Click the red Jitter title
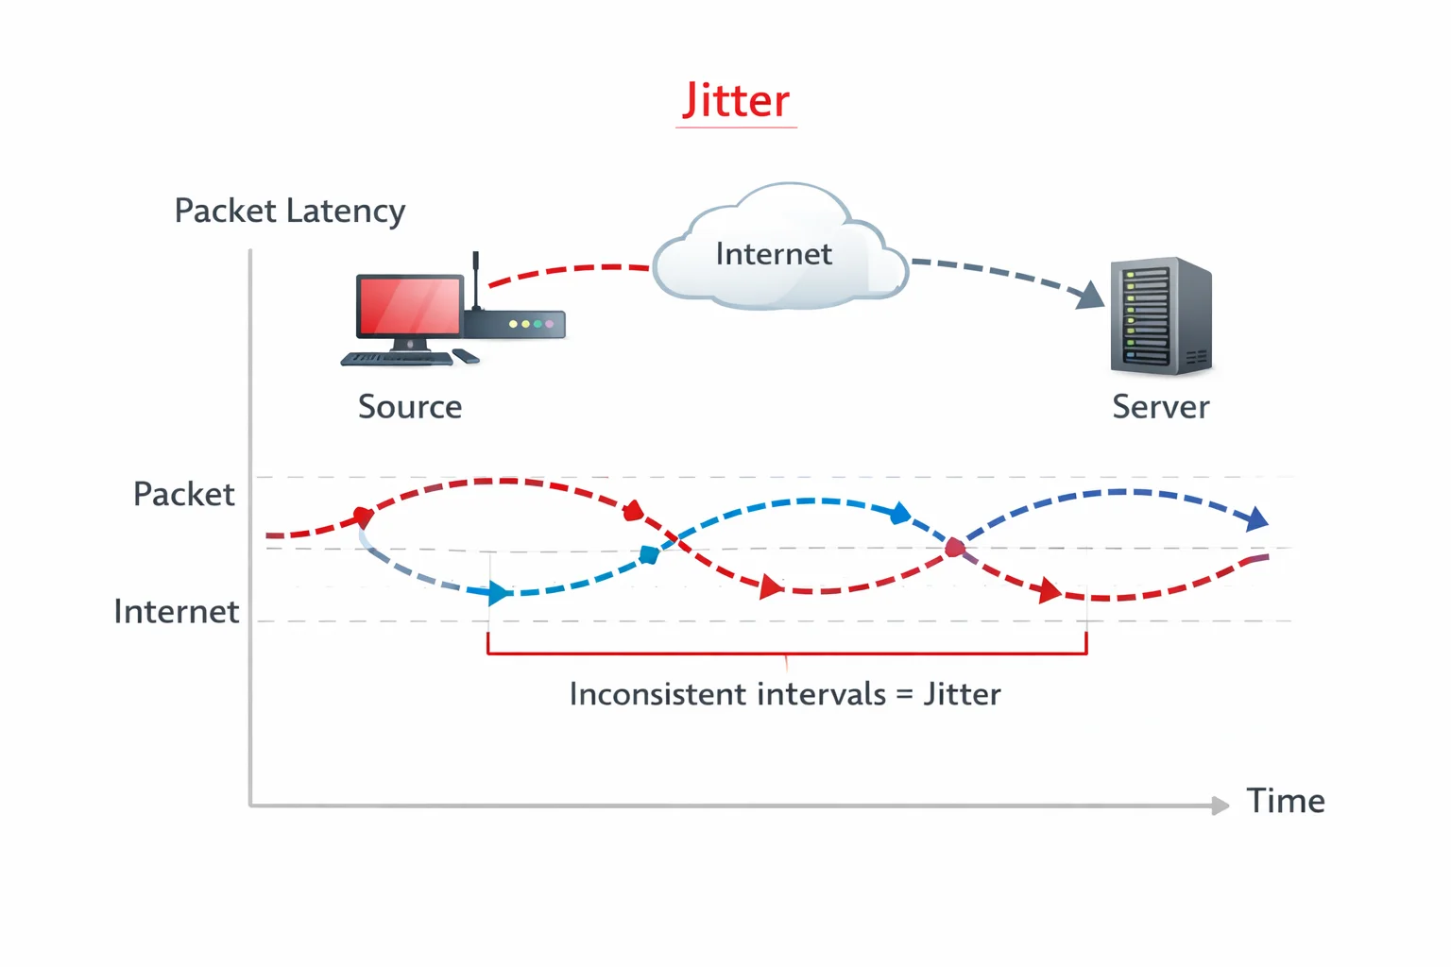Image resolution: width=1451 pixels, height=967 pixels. point(736,100)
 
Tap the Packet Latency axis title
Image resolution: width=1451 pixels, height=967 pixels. point(289,211)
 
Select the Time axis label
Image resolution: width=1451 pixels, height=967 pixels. point(1285,801)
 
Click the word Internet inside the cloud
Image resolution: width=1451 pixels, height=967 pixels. point(773,254)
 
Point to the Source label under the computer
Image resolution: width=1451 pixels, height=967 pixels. point(410,407)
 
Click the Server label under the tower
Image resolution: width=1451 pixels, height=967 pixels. point(1160,407)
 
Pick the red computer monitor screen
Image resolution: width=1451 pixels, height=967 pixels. point(408,306)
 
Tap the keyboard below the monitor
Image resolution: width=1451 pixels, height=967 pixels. point(397,359)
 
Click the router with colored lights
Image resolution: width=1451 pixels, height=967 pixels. point(514,324)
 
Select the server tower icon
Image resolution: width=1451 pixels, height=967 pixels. point(1160,315)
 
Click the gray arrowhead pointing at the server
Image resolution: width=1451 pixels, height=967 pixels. point(1092,297)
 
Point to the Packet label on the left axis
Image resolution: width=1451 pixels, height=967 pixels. point(183,494)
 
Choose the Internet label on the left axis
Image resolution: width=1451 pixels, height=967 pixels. point(176,612)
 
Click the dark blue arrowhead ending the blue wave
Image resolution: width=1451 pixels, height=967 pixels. point(1257,518)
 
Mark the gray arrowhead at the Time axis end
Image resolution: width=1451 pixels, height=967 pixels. point(1221,806)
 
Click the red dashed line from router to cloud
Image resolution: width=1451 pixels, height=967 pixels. point(567,270)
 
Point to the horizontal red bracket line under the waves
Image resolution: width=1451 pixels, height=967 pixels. point(786,653)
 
